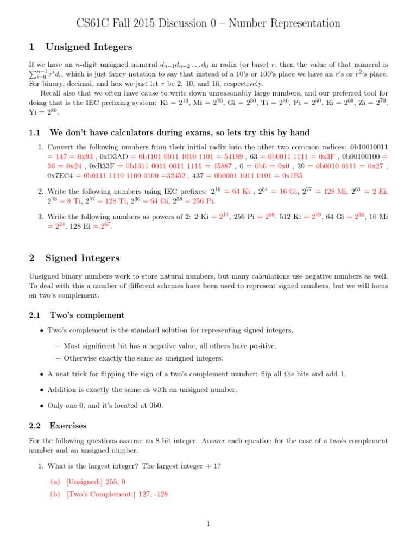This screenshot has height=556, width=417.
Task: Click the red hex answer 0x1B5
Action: [x=291, y=176]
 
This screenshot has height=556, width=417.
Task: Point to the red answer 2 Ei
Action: [x=376, y=192]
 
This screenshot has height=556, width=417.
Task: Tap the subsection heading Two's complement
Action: [x=87, y=315]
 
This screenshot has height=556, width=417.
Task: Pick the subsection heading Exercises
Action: [x=68, y=426]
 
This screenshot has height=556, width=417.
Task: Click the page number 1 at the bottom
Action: [x=208, y=523]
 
